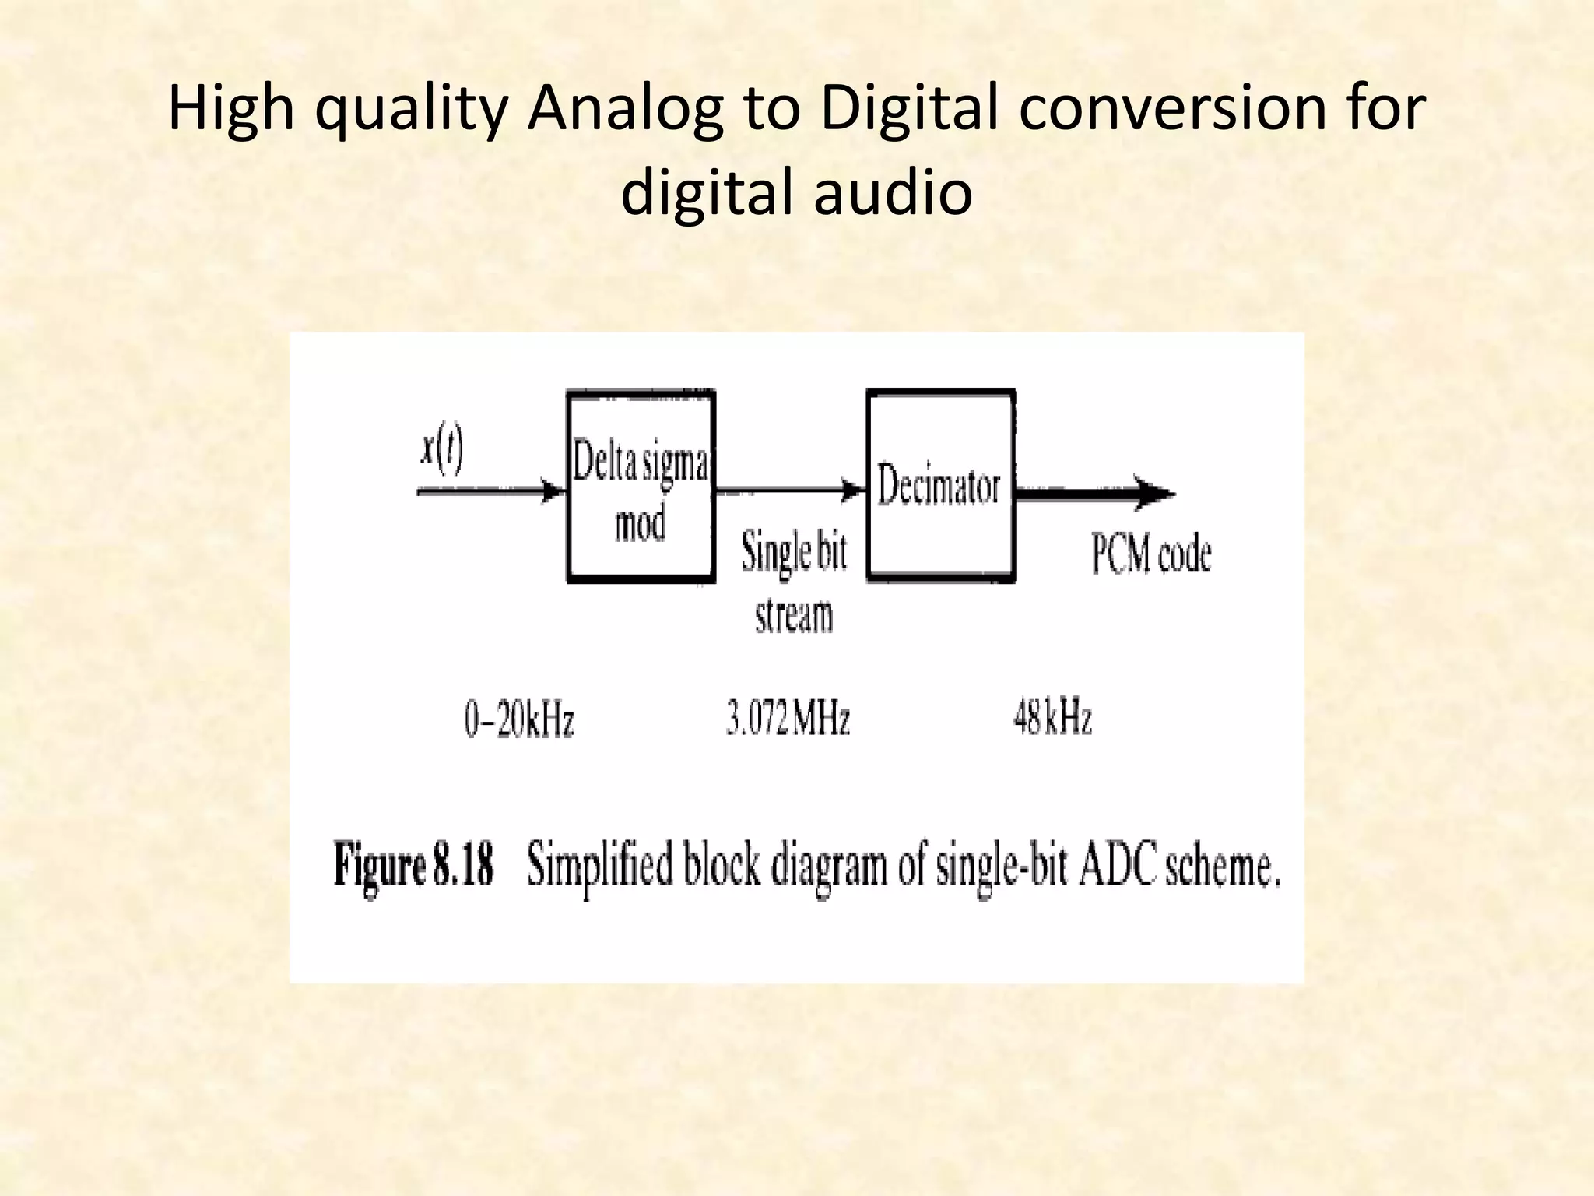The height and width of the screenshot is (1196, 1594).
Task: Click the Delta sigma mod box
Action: tap(641, 487)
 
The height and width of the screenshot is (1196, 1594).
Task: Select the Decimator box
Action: tap(940, 486)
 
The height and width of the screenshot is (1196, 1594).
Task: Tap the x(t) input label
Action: tap(441, 451)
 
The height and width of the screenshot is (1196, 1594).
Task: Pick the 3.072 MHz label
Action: tap(788, 717)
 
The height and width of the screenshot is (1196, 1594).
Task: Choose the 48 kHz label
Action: tap(1052, 717)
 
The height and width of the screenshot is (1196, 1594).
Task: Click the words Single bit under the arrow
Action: tap(793, 553)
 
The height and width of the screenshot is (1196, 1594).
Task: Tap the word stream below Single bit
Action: tap(793, 614)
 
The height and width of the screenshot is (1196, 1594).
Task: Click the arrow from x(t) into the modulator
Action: tap(490, 492)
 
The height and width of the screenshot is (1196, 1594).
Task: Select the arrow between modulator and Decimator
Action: tap(790, 491)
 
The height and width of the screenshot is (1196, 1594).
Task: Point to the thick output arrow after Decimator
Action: tap(1094, 494)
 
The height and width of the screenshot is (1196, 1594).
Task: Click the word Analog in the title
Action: tap(623, 110)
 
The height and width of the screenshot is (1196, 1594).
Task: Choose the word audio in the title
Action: tap(893, 193)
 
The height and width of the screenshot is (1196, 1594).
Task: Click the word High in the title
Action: tap(231, 110)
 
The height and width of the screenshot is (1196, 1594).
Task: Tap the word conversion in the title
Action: tap(1174, 110)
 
